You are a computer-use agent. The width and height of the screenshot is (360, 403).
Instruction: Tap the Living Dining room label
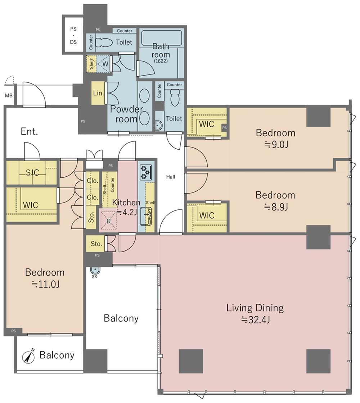(x=255, y=308)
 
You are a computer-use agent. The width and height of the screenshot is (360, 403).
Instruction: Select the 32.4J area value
(x=255, y=320)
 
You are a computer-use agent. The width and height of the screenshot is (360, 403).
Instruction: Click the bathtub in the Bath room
(x=162, y=38)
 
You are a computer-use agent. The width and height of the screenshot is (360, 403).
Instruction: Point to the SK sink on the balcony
(x=95, y=270)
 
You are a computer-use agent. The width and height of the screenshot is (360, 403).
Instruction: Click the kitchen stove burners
(x=146, y=172)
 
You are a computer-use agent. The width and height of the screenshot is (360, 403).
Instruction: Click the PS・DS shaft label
(x=73, y=35)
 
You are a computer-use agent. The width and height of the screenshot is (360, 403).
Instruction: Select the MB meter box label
(x=9, y=96)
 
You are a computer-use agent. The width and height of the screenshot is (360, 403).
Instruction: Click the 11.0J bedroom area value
(x=45, y=284)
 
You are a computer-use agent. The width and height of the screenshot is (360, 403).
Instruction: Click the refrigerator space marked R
(x=109, y=220)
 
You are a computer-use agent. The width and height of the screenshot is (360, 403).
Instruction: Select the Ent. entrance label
(x=29, y=132)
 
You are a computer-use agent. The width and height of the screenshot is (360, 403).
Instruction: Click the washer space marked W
(x=105, y=64)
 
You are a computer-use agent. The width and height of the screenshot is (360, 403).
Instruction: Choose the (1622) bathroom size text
(x=161, y=61)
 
